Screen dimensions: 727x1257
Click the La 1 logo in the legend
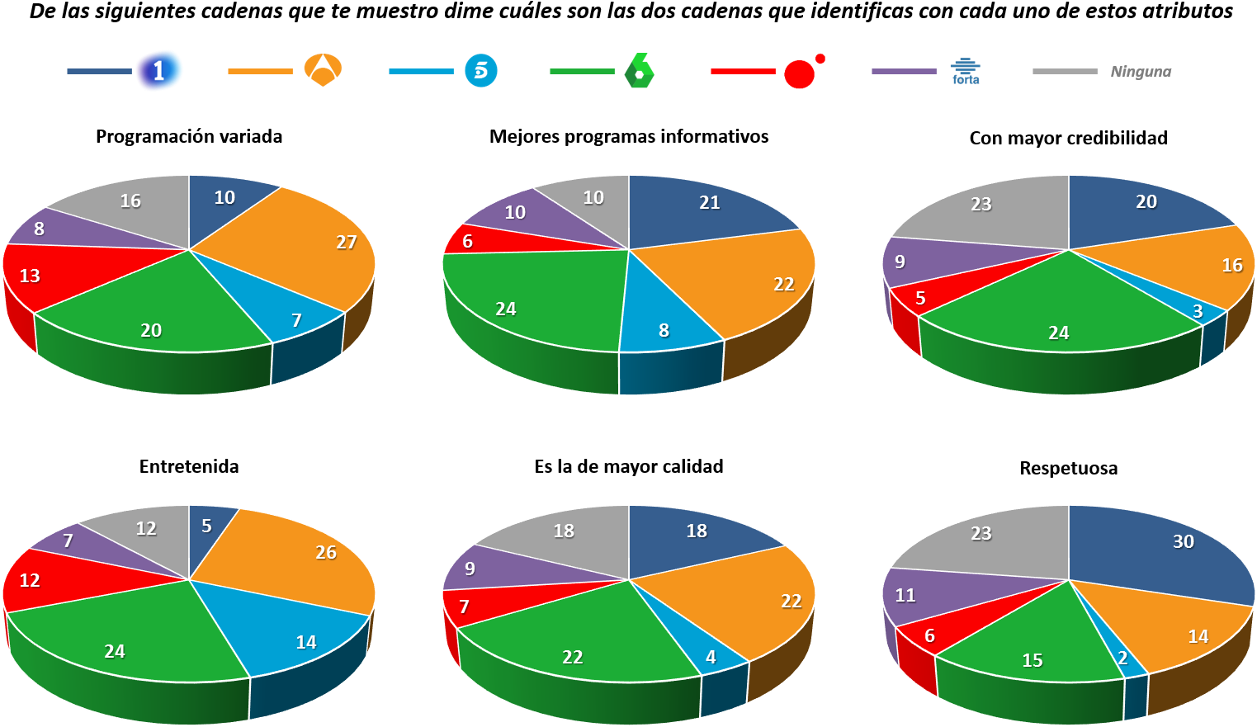pos(159,71)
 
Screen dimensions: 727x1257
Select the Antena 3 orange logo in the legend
pos(323,70)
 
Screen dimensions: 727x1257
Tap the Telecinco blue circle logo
pos(481,71)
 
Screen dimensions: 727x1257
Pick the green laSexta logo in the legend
pos(639,71)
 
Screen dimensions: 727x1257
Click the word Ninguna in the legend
pos(1141,72)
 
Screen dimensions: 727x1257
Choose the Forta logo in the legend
pos(965,71)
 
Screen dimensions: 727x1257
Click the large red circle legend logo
pos(799,74)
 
